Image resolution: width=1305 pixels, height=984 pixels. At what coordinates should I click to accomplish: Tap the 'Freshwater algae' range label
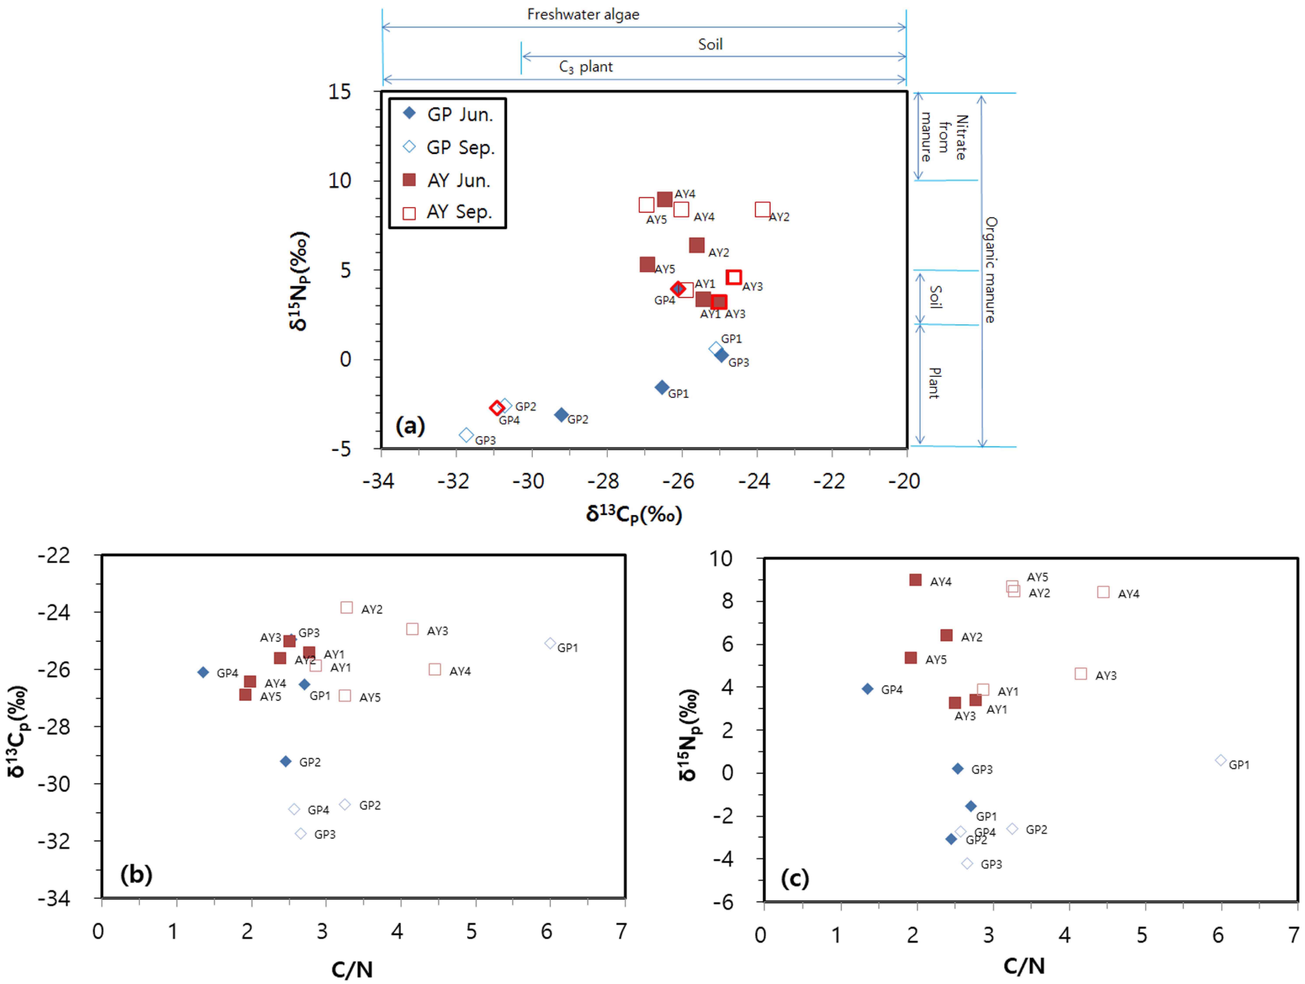point(583,14)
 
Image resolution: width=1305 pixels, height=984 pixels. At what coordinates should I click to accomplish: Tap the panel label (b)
point(136,874)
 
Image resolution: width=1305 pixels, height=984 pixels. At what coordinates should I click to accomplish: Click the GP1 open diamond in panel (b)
point(550,643)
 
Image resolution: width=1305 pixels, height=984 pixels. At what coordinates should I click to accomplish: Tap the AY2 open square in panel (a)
point(762,209)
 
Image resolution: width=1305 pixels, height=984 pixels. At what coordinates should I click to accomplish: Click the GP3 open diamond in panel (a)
point(466,435)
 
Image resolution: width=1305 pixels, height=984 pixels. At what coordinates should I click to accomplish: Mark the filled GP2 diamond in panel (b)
point(286,761)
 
